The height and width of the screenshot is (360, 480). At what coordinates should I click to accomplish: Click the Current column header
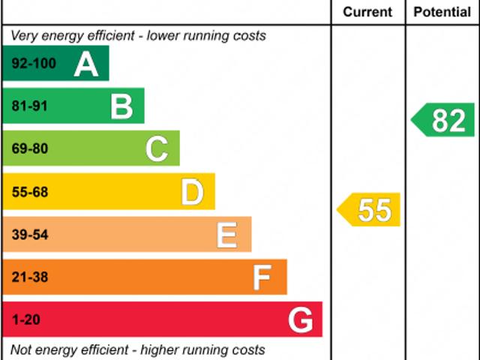click(x=367, y=12)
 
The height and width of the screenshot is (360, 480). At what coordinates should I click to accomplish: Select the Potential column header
click(x=442, y=12)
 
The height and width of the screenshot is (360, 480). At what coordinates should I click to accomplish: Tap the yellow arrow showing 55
click(x=370, y=210)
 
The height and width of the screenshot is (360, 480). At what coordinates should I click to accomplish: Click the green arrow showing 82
click(x=445, y=120)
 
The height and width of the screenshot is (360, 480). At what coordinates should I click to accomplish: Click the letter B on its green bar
click(x=121, y=106)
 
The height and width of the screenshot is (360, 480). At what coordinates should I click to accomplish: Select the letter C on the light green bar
click(x=157, y=148)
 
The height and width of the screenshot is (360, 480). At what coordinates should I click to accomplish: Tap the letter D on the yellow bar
click(x=192, y=192)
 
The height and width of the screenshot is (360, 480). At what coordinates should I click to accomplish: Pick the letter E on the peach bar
click(x=227, y=235)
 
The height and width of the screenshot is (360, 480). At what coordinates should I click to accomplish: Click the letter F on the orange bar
click(x=262, y=277)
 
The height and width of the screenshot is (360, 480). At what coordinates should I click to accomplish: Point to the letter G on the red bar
click(x=300, y=320)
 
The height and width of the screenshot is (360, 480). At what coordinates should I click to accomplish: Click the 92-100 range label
click(x=34, y=64)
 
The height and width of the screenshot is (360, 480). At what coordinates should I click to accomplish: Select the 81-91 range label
click(x=30, y=106)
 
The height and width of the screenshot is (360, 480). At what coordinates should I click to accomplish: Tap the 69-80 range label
click(x=30, y=148)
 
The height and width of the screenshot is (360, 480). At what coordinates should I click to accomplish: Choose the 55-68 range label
click(x=30, y=192)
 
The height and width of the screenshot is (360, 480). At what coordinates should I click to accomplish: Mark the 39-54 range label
click(x=30, y=235)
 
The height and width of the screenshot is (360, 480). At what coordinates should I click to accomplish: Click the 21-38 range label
click(x=30, y=277)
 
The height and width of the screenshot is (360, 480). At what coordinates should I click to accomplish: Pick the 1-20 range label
click(x=26, y=320)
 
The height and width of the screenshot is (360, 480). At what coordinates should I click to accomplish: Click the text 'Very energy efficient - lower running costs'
click(x=138, y=36)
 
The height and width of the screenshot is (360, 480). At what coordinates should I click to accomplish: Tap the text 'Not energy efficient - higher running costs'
click(x=138, y=350)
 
